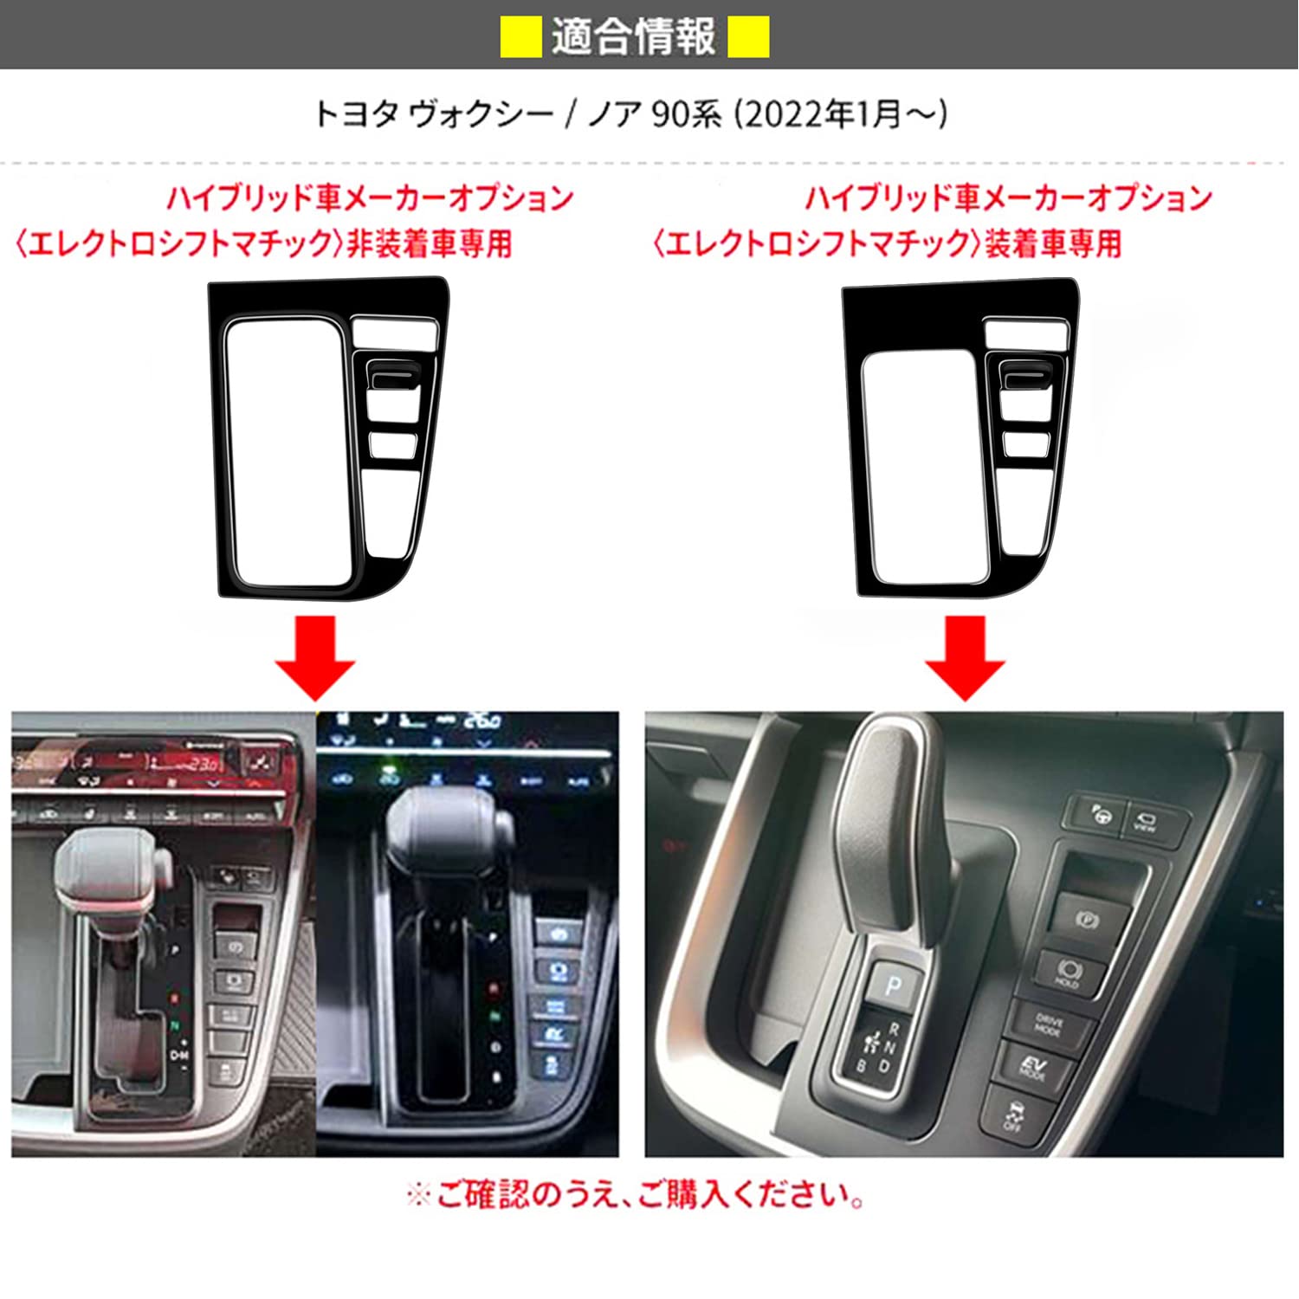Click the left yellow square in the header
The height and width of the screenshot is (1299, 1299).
click(521, 37)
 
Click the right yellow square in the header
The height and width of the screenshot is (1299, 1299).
click(748, 37)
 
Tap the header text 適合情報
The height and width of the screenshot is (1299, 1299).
click(634, 37)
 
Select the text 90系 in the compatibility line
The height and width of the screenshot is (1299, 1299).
click(685, 114)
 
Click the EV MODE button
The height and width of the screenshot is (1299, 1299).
click(1034, 1067)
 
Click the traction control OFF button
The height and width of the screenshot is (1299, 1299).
click(1014, 1116)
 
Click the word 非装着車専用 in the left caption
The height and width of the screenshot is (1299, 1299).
click(430, 243)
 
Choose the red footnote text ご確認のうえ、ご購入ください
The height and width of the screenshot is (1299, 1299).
click(649, 1196)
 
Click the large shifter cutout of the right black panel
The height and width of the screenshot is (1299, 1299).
click(925, 463)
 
